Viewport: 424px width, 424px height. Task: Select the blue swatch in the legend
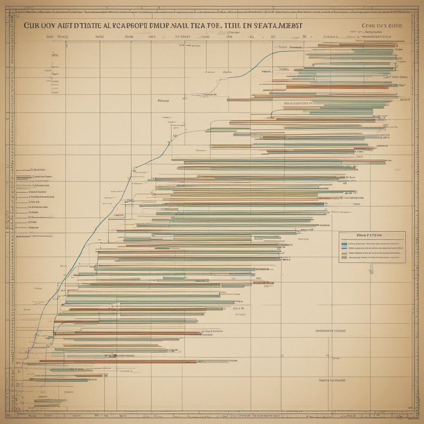[344, 245]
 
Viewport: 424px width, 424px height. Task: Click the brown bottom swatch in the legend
[344, 257]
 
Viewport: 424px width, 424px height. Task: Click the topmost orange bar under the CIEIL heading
[360, 45]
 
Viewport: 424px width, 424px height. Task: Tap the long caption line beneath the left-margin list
[35, 236]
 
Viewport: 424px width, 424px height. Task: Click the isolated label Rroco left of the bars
[164, 101]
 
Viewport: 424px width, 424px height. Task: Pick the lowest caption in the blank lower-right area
[332, 379]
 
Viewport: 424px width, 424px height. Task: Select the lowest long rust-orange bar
[118, 361]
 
